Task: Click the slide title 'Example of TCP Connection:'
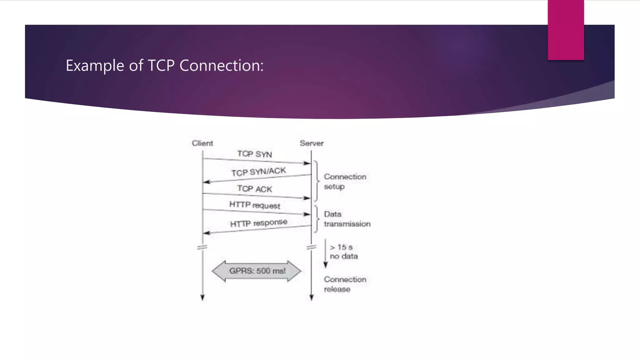(165, 66)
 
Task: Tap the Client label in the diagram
(202, 143)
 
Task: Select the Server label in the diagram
(312, 143)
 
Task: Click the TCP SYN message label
(254, 154)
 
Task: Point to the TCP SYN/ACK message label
(258, 172)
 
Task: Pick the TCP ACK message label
(254, 189)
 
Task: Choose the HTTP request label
(255, 205)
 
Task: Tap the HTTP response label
(258, 223)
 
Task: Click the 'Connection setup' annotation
(345, 182)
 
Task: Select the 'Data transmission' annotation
(347, 219)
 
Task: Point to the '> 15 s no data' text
(343, 252)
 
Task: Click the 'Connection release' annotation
(345, 284)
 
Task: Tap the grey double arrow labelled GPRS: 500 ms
(257, 271)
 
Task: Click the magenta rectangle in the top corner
(566, 30)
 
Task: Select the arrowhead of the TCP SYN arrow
(307, 163)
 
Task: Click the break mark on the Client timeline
(202, 247)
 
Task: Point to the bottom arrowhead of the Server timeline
(311, 297)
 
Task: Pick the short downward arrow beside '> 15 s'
(325, 253)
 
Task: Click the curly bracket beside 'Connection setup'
(317, 181)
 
